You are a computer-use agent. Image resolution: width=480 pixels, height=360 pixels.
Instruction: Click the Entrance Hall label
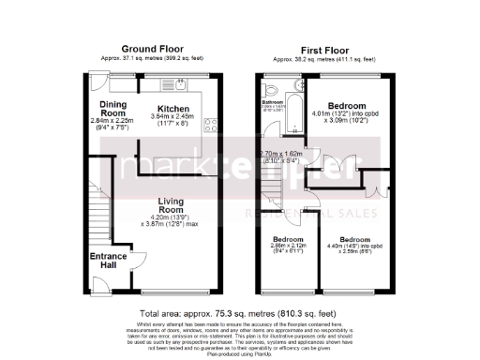tap(108, 262)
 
